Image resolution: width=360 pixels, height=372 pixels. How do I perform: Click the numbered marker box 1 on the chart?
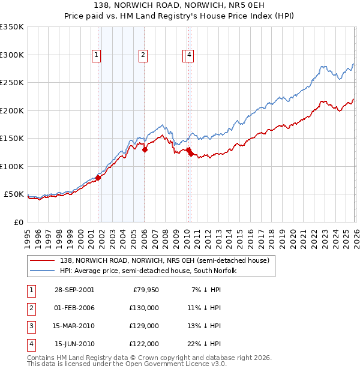coord(96,55)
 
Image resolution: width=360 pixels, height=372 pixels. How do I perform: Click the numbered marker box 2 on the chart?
coord(143,55)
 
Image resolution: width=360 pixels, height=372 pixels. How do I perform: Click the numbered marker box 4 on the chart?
coord(189,55)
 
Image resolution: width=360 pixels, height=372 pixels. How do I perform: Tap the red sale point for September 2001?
coord(98,177)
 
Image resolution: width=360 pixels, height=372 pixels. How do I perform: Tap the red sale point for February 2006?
coord(145,149)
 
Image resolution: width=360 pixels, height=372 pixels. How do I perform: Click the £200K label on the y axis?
coord(12,110)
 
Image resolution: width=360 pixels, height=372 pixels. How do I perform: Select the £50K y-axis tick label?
coord(14,194)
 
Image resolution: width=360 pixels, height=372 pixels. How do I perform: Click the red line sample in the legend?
coord(43,260)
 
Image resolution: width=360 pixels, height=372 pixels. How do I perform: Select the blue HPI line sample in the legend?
coord(43,271)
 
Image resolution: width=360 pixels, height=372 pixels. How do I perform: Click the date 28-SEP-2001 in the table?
coord(74,290)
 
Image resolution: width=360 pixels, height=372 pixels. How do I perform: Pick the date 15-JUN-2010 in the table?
coord(74,344)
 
